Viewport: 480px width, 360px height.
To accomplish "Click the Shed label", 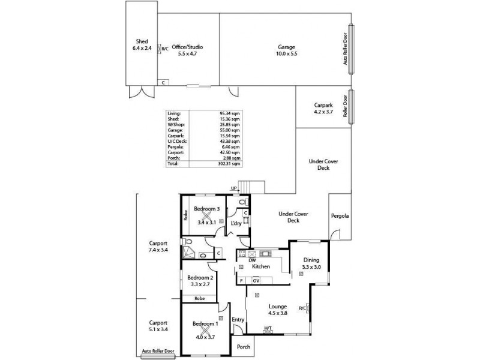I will [x=142, y=41].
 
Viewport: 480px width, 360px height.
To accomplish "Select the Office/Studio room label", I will [x=187, y=47].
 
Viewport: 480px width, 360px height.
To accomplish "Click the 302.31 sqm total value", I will [x=229, y=163].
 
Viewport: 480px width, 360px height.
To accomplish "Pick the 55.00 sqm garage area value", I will [x=230, y=130].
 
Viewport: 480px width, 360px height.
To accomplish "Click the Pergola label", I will [x=340, y=216].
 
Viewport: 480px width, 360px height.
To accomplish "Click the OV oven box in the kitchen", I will [x=256, y=280].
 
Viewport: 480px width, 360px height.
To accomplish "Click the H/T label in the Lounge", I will [x=268, y=328].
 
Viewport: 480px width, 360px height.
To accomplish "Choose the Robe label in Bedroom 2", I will [x=199, y=298].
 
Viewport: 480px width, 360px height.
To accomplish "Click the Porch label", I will [x=243, y=347].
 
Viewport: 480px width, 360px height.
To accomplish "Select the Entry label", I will [x=238, y=320].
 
